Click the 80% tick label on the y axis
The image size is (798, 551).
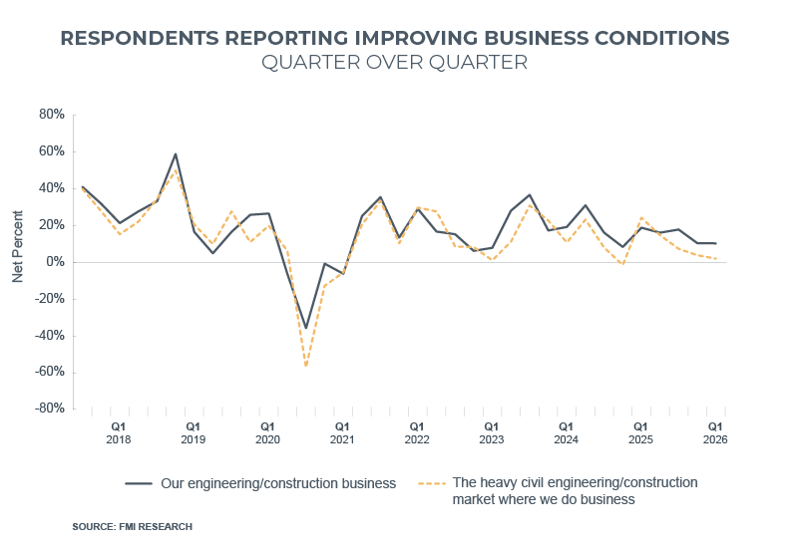point(51,116)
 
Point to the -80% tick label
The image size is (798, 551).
point(49,409)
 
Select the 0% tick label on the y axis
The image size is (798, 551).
point(54,262)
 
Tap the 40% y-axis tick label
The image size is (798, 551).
point(51,188)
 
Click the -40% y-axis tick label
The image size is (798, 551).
point(49,336)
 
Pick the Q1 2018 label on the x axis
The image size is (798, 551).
point(119,432)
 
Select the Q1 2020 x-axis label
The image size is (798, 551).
point(267,432)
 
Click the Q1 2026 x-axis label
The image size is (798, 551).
point(714,432)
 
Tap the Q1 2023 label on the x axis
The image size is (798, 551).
point(491,432)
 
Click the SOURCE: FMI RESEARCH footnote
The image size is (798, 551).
point(132,526)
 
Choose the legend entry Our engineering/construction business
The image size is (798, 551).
point(278,483)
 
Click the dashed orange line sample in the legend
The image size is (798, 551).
point(431,483)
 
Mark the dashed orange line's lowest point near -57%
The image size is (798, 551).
point(305,366)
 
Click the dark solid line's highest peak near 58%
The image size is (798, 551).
point(176,154)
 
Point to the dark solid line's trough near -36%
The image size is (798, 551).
point(305,327)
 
